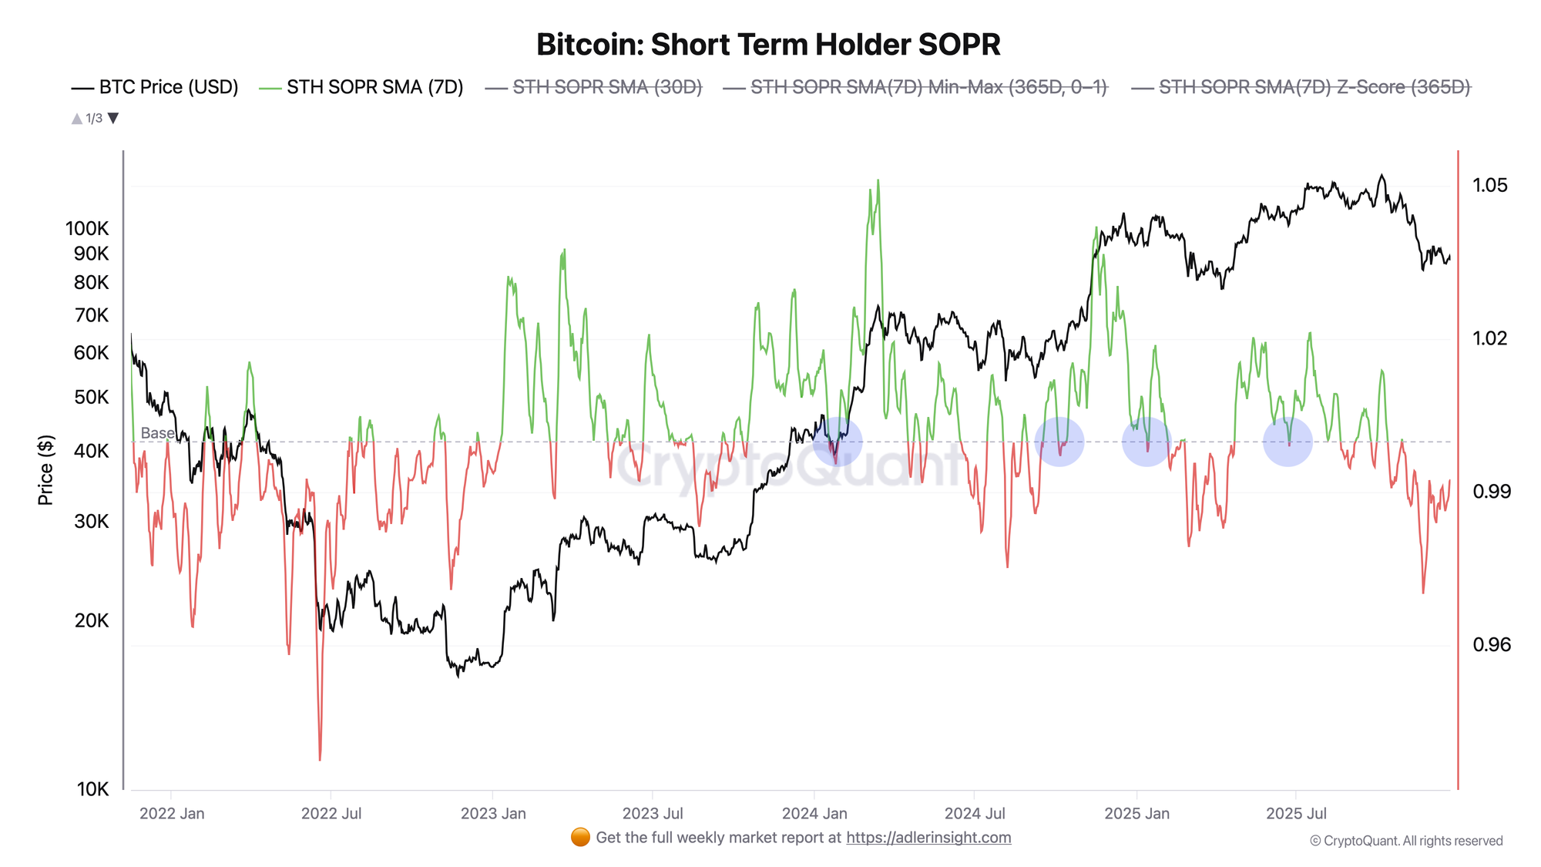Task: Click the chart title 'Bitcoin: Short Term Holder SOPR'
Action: point(768,45)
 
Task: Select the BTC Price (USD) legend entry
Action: point(155,87)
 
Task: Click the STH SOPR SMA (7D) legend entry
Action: point(362,87)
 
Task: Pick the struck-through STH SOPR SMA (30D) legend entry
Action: point(594,87)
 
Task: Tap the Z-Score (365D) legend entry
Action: point(1301,87)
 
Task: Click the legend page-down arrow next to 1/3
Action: point(113,118)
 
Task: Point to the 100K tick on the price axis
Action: point(87,228)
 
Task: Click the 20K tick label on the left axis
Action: point(92,620)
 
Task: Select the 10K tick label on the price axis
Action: point(92,788)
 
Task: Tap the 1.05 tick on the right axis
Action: point(1489,185)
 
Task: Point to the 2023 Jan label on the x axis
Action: point(493,813)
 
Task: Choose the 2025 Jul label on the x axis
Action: point(1296,813)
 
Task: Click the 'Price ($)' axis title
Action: point(45,470)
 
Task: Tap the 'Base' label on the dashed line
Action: point(157,433)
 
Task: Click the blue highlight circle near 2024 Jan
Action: point(838,442)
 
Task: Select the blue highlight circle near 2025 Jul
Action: point(1288,442)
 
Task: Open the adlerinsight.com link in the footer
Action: point(928,838)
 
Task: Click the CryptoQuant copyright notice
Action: point(1406,841)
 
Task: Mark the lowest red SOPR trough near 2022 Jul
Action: point(320,758)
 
